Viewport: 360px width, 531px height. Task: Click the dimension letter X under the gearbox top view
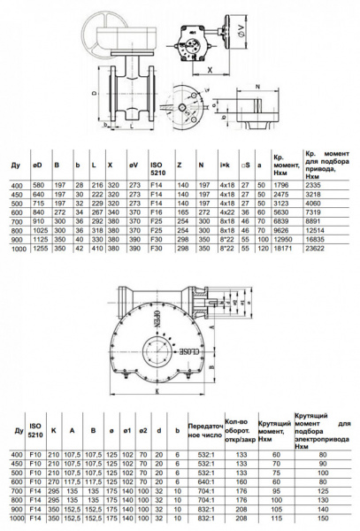tap(209, 66)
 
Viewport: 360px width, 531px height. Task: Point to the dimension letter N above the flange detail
tap(257, 86)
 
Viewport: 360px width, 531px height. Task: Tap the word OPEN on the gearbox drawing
tap(162, 319)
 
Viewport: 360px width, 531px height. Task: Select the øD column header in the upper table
tap(38, 165)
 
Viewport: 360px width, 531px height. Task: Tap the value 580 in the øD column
tap(38, 184)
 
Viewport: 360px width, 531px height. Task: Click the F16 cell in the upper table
tap(157, 212)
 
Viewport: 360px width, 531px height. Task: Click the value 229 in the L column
tap(96, 203)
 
